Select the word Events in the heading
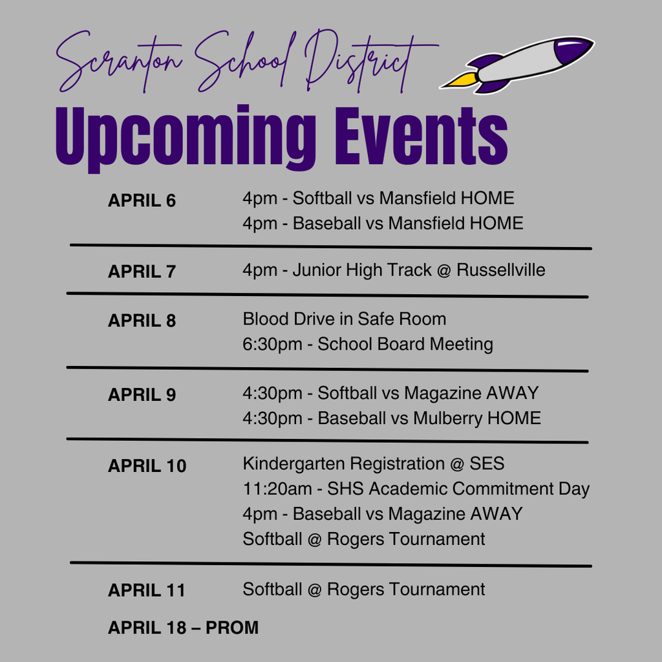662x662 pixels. pos(422,135)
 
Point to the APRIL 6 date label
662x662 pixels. pos(142,200)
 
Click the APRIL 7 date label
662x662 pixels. pos(142,272)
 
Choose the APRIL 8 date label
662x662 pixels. pos(142,321)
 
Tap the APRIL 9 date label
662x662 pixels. pos(142,395)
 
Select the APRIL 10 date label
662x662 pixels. pos(147,465)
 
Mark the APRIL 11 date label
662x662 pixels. pos(147,590)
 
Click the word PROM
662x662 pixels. pos(232,628)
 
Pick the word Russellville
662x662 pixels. pos(501,270)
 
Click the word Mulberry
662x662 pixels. pos(448,418)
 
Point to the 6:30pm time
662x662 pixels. pos(272,345)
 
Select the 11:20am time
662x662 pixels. pos(277,489)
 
